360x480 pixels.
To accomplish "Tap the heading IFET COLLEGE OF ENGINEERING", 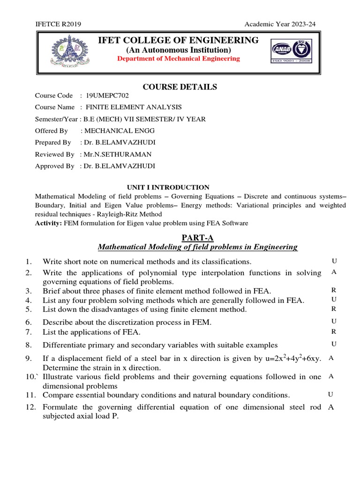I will (x=178, y=40).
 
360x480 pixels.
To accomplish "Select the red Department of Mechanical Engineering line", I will (x=178, y=59).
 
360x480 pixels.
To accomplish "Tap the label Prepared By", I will (x=53, y=142).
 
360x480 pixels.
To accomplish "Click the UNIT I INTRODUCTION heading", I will (x=168, y=187).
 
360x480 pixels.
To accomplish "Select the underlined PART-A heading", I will (x=197, y=238).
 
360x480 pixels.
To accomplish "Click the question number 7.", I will (x=29, y=332).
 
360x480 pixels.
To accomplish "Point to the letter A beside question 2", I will (x=333, y=271).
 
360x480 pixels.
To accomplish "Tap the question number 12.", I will (x=30, y=407).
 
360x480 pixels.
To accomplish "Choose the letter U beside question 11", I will (x=330, y=394).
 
